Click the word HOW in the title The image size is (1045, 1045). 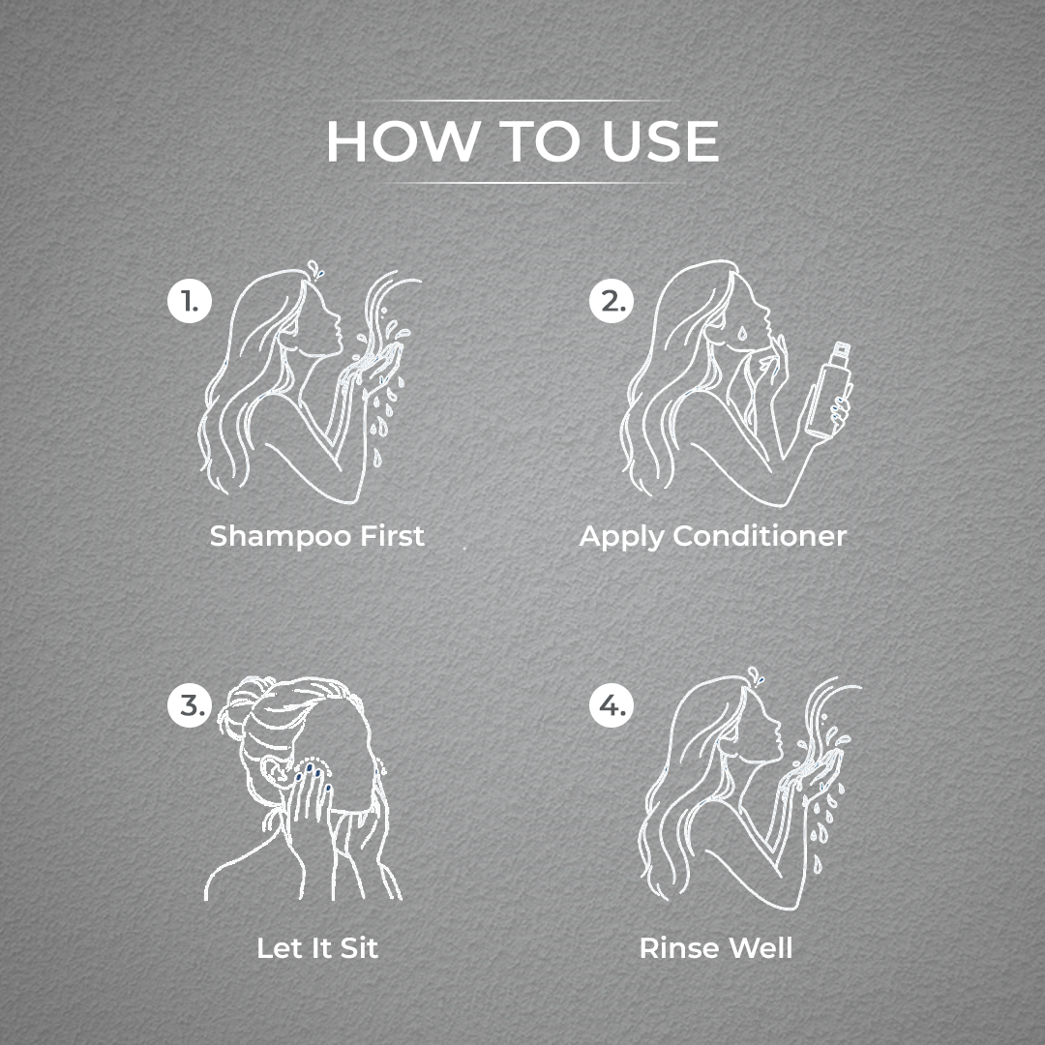pos(403,141)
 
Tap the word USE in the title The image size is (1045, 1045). pos(661,141)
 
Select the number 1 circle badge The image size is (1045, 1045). pos(190,301)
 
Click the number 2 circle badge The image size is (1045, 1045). pos(612,301)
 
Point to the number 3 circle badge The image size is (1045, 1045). pos(190,704)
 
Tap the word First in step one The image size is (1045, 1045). pos(392,535)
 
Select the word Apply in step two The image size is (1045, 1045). pos(622,537)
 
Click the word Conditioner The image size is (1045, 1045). pos(760,535)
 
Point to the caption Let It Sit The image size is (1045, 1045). pos(318,947)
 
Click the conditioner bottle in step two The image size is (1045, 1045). pos(827,389)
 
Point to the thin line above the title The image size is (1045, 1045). pos(513,101)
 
